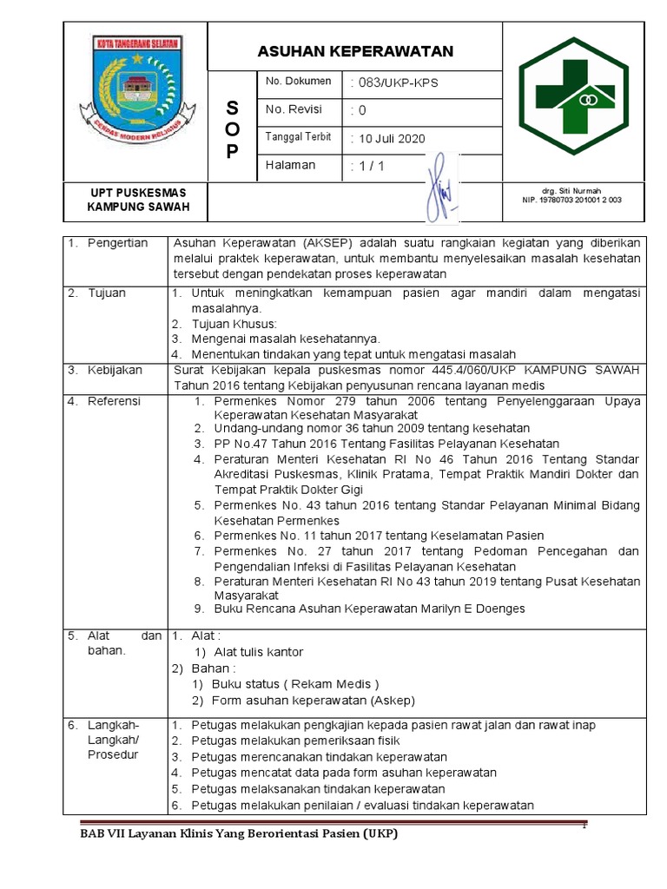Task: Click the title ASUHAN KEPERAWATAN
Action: (355, 52)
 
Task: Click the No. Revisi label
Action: (294, 109)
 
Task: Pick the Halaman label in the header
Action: (291, 165)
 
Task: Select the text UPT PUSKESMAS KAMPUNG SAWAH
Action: (138, 200)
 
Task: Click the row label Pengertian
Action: (117, 243)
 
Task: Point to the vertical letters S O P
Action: (231, 129)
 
